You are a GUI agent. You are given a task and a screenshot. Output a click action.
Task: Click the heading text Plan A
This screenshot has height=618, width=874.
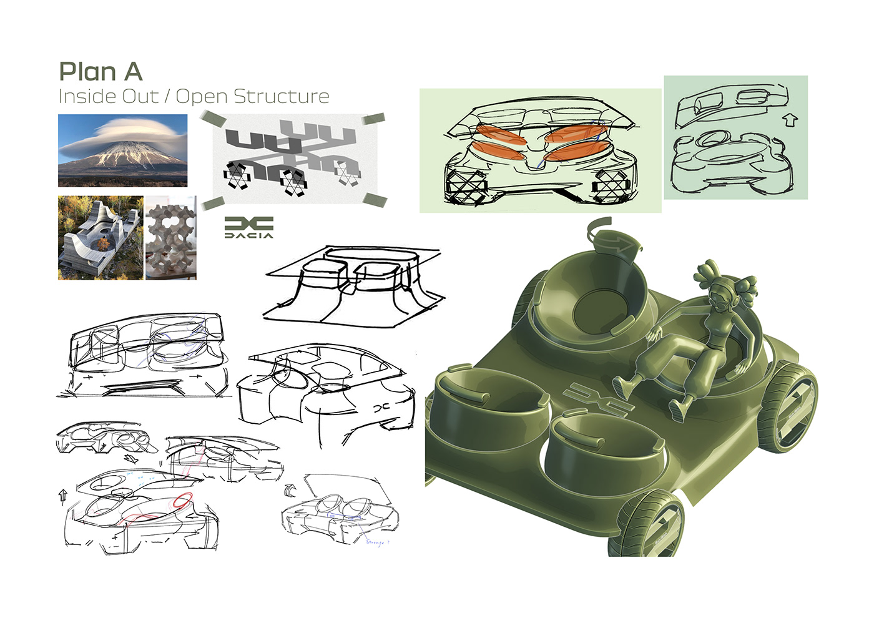pyautogui.click(x=101, y=72)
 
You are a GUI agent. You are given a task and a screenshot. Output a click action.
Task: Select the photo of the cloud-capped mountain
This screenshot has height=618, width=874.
pyautogui.click(x=122, y=150)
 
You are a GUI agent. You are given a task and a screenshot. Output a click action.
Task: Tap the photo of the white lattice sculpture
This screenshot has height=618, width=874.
pyautogui.click(x=170, y=238)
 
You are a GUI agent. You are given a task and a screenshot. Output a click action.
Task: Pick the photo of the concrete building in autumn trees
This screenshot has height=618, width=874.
pyautogui.click(x=100, y=238)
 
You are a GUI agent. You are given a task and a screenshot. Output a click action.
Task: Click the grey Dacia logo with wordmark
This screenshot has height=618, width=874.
pyautogui.click(x=248, y=227)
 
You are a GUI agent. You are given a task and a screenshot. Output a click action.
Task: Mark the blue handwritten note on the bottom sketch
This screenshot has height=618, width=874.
pyautogui.click(x=377, y=542)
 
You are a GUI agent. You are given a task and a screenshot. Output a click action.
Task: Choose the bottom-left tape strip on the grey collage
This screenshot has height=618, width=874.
pyautogui.click(x=212, y=203)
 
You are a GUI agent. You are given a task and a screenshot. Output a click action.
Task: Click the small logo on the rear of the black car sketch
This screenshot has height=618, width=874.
pyautogui.click(x=380, y=407)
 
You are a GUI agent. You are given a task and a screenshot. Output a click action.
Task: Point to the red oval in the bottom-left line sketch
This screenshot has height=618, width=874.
pyautogui.click(x=183, y=500)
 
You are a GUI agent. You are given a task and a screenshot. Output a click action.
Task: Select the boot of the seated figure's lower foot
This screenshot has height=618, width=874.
pyautogui.click(x=679, y=408)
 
